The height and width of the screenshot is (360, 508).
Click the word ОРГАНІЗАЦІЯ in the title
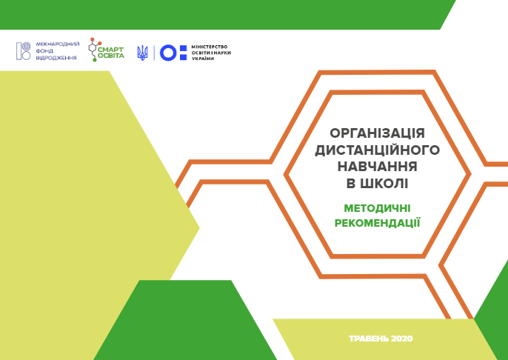tap(377, 133)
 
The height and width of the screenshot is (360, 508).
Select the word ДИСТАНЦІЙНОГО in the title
tap(377, 150)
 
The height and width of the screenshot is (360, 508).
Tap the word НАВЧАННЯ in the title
tap(378, 167)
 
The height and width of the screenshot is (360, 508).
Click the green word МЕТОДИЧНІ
tap(377, 208)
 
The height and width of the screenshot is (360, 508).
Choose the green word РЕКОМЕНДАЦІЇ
tap(377, 223)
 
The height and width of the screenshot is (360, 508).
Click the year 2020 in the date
tap(401, 339)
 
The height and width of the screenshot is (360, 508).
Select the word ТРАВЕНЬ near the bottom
tap(369, 339)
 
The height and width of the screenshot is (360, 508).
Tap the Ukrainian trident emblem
tap(142, 53)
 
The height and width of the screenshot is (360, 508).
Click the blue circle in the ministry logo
tap(168, 53)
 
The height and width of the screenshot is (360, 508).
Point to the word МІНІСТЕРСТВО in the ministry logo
tap(210, 47)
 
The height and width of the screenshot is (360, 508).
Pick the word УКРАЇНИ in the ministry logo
tap(203, 59)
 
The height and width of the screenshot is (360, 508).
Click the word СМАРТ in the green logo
tap(111, 50)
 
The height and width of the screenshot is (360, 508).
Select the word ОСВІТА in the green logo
tap(111, 56)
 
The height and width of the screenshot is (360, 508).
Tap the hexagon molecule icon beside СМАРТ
tap(93, 50)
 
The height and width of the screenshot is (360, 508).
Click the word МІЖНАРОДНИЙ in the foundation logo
tap(58, 44)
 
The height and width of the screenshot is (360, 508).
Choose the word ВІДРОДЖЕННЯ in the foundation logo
tap(56, 58)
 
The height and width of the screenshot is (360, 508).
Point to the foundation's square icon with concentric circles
tap(24, 51)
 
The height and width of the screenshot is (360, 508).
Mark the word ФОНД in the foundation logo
tap(44, 51)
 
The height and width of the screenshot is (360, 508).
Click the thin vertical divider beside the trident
tap(154, 53)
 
